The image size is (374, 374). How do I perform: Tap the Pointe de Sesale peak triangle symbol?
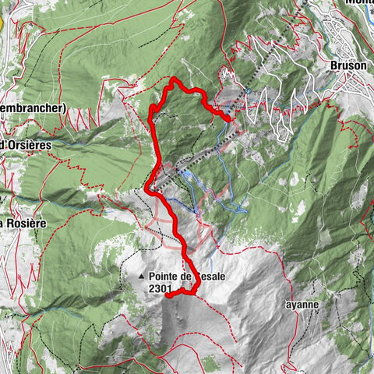[x=141, y=276]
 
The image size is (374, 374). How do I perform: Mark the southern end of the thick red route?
[x=168, y=295]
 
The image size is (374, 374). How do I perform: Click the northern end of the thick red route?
[x=231, y=118]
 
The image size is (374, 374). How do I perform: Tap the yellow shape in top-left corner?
[x=2, y=22]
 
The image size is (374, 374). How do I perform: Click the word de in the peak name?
[x=185, y=276]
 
